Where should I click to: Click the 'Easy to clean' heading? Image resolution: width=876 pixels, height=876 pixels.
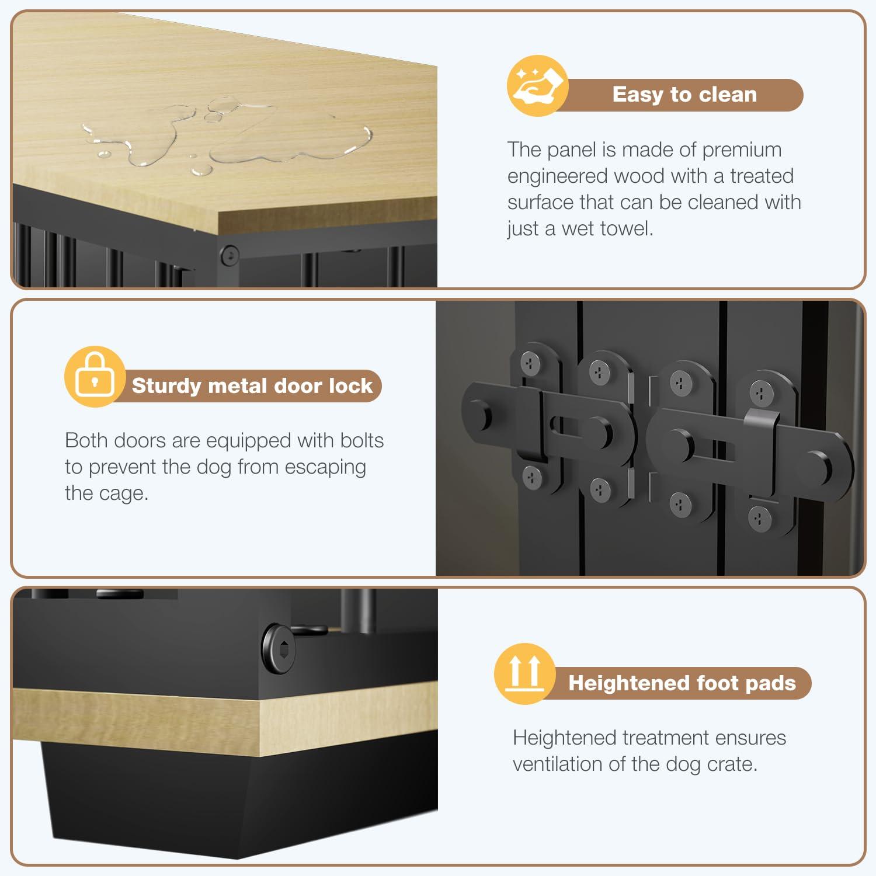pos(684,95)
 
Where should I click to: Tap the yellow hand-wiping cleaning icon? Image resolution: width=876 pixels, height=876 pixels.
pos(537,86)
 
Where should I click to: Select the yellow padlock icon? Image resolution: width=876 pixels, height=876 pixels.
pos(95,377)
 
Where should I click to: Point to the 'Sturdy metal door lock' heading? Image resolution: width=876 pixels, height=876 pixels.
pos(252,386)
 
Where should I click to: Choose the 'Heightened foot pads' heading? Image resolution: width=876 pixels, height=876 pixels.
pos(682,683)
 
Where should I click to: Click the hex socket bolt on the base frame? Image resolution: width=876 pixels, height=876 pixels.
pos(279,649)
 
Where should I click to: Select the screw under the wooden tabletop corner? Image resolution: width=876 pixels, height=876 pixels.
pos(230,255)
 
